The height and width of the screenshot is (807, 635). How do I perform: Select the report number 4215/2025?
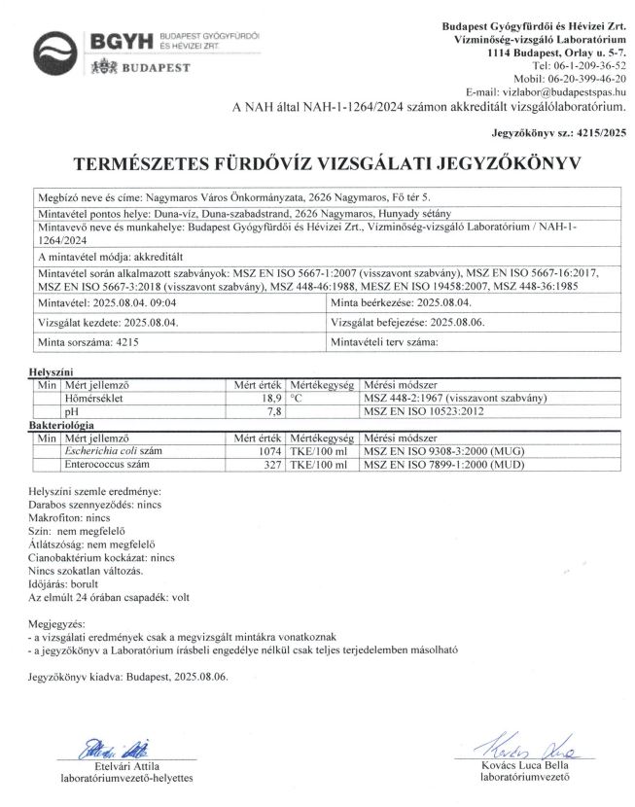pos(600,128)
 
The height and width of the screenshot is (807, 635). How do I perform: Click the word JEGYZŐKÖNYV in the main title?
pos(507,163)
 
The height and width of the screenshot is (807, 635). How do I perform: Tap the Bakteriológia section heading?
pos(61,426)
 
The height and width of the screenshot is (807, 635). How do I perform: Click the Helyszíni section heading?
pos(53,372)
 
